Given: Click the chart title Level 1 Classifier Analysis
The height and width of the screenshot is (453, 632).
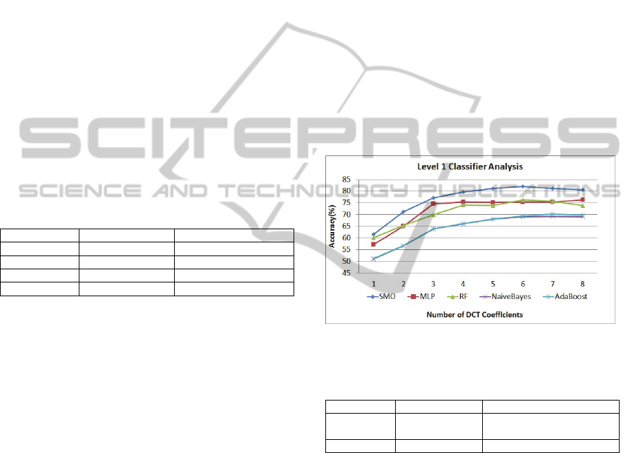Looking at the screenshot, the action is coord(470,166).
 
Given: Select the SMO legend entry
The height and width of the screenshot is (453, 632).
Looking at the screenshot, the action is coord(381,297).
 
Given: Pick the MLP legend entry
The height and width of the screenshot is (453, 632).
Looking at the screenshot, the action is coord(421,297).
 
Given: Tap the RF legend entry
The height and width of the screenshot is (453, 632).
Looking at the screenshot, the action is coord(458,297).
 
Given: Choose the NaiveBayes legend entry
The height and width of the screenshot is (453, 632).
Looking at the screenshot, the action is coord(506,297).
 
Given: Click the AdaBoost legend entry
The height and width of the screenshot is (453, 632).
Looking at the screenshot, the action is coord(565,297).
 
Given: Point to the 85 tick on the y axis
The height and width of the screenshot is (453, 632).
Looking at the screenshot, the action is coord(347,180).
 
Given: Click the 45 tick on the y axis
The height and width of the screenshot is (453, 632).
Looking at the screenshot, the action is coord(347,273).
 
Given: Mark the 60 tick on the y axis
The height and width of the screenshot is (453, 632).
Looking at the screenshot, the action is coord(347,238).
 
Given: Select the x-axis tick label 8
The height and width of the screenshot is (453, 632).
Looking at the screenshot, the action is coord(582,284).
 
